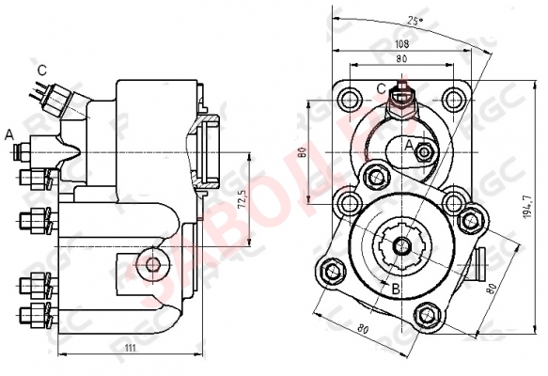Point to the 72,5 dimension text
[242, 202]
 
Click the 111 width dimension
[131, 349]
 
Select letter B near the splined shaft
[396, 289]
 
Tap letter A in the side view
[9, 134]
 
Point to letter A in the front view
[409, 144]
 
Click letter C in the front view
[381, 88]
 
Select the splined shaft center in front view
[401, 246]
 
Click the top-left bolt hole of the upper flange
[351, 99]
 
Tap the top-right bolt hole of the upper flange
[453, 99]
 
